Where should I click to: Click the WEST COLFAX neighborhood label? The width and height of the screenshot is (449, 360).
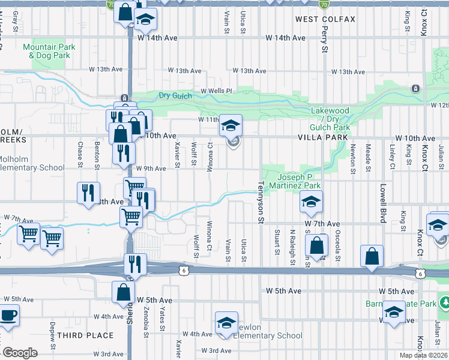(x=325, y=19)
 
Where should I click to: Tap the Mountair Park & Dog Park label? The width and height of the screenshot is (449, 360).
(x=49, y=51)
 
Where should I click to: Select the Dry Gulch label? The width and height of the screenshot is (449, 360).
(x=175, y=95)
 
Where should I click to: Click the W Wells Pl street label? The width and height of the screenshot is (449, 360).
(x=216, y=91)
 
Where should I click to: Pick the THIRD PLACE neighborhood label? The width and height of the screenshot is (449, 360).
(x=88, y=335)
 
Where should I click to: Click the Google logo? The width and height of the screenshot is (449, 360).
(x=20, y=353)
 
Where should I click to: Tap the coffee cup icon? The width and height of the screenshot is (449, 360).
(x=8, y=316)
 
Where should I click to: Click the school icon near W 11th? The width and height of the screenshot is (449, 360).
(x=231, y=125)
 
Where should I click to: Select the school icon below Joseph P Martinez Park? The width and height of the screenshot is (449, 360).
(x=312, y=202)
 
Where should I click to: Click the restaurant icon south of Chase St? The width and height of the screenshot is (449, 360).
(x=88, y=193)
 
